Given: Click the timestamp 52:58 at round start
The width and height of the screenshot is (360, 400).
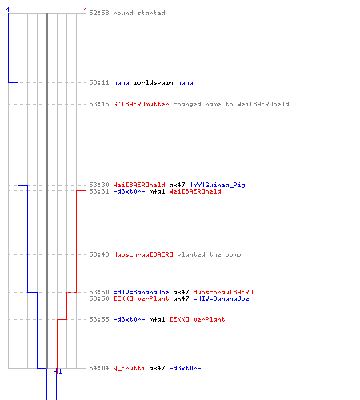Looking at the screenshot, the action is point(99,13).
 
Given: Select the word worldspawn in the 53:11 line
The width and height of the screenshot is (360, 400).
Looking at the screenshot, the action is point(153,82).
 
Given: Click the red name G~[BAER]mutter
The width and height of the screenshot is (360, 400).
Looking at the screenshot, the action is point(141,104).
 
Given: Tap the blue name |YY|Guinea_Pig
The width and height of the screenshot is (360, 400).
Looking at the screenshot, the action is point(218,185).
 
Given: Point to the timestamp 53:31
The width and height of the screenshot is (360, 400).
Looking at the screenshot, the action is point(99,191).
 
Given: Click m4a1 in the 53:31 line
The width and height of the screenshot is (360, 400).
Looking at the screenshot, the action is point(157,191).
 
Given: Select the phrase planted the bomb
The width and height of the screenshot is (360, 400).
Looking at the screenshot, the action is point(209,254).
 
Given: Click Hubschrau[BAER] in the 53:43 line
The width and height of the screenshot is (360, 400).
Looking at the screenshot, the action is point(143,254).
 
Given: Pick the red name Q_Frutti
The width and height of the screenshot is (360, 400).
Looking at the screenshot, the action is point(129,368).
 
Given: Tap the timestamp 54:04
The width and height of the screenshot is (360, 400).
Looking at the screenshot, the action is point(99,368).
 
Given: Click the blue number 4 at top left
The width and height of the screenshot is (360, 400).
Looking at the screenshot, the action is point(8,10).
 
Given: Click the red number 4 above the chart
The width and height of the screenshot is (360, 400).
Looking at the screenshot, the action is point(86,10).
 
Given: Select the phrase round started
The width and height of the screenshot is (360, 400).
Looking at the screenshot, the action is point(139,13).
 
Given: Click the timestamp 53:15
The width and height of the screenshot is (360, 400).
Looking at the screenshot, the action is point(99,104).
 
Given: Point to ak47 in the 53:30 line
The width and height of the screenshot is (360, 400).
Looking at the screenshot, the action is point(177,185).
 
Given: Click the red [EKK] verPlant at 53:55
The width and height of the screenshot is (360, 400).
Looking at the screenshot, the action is point(197,319).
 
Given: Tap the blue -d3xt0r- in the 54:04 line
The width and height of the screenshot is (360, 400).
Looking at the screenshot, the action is point(185,368).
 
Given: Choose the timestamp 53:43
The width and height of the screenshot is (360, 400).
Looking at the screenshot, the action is point(99,254).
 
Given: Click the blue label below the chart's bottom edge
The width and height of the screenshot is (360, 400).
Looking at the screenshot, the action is point(58,371).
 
